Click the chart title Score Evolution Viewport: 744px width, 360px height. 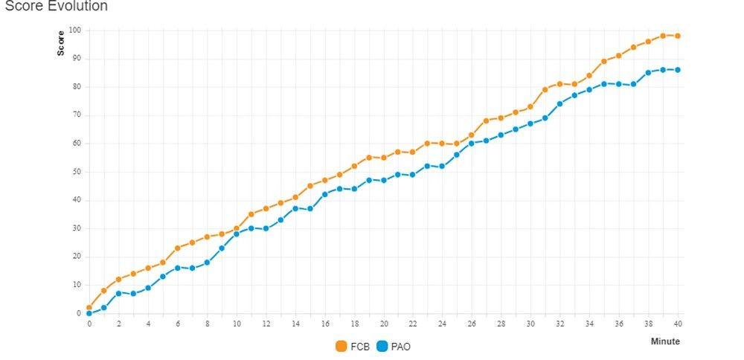coord(57,7)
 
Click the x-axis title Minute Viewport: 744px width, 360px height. coord(665,341)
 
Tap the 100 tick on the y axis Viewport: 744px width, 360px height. coord(74,30)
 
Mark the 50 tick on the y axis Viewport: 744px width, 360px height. coord(77,172)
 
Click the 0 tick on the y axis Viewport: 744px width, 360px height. coord(79,313)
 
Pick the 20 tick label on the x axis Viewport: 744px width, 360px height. coord(383,324)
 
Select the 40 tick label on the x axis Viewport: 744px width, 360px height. coord(678,324)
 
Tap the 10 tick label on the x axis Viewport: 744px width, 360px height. coord(237,324)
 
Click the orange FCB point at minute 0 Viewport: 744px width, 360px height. coord(89,307)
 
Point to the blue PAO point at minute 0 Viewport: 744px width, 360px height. coord(89,313)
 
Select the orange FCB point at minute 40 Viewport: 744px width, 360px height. coord(678,36)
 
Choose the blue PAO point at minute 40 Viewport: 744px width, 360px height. coord(678,70)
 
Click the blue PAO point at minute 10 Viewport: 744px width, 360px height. coord(237,234)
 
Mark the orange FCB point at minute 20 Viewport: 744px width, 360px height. coord(384,158)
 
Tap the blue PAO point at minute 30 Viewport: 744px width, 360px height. coord(530,123)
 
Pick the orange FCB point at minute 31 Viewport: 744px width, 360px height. coord(545,89)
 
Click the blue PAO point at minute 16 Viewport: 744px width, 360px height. coord(325,194)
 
